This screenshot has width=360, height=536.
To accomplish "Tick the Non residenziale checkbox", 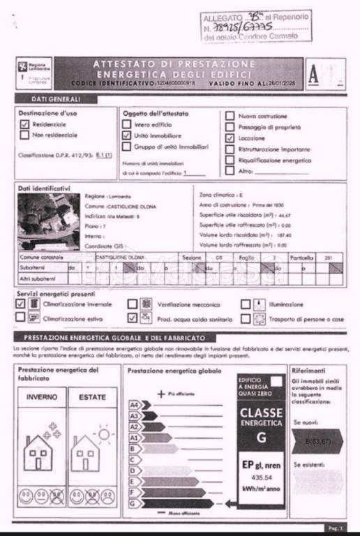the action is pos(24,135).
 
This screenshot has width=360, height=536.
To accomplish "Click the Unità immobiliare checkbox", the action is pos(126,135).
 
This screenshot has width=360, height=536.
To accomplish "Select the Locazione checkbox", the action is pos(230,138).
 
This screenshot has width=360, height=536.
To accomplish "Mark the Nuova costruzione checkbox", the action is pos(230,116).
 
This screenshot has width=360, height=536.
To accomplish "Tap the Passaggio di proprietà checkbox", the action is pos(230,127).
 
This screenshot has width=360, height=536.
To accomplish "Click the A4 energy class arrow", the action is pos(135,405).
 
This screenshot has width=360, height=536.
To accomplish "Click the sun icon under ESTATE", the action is pos(104,435).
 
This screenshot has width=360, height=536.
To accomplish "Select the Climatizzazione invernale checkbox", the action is pos(21,304).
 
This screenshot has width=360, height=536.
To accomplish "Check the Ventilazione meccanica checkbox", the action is pos(132,304).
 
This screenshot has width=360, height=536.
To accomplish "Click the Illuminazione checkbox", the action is pos(246,304).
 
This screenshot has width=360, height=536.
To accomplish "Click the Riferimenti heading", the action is pos(308,370).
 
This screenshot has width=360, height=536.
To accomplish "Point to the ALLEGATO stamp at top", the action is pos(255,25).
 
